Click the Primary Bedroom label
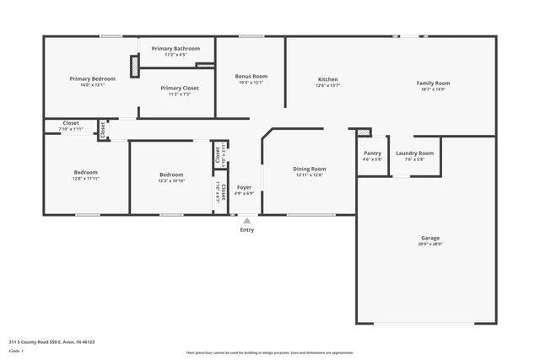pos(92,78)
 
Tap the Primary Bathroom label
pos(175,49)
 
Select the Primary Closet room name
pos(179,88)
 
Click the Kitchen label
pos(327,79)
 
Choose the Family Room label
pos(433,83)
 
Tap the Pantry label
pos(372,153)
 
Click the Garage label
pos(429,238)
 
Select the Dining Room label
pos(309,169)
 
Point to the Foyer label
pos(244,186)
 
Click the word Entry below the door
pos(246,229)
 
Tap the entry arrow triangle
pos(246,221)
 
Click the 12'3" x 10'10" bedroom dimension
pos(171,180)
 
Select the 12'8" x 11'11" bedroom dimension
pos(85,179)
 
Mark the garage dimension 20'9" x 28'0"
pos(429,244)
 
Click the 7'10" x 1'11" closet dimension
pos(71,129)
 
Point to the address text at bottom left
pos(51,342)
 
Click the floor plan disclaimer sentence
pos(269,352)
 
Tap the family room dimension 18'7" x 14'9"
pos(433,89)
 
